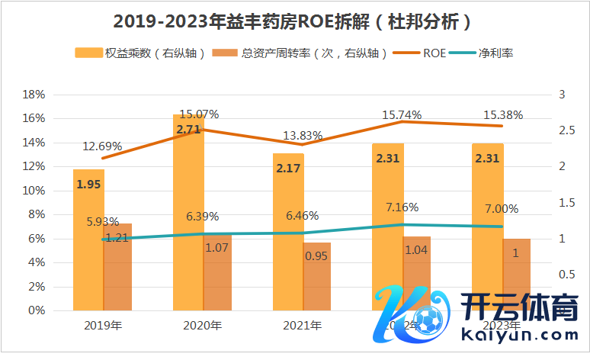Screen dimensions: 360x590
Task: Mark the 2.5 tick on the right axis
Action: pyautogui.click(x=566, y=130)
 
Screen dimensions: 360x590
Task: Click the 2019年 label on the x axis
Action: pyautogui.click(x=103, y=326)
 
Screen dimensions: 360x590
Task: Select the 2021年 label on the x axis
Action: pyautogui.click(x=302, y=326)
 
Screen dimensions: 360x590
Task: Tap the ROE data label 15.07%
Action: pyautogui.click(x=200, y=114)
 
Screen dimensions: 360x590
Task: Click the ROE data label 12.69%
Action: pyautogui.click(x=101, y=146)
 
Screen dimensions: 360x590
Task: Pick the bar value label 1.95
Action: pyautogui.click(x=88, y=184)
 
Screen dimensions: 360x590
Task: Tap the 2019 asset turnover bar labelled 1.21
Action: pyautogui.click(x=117, y=267)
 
